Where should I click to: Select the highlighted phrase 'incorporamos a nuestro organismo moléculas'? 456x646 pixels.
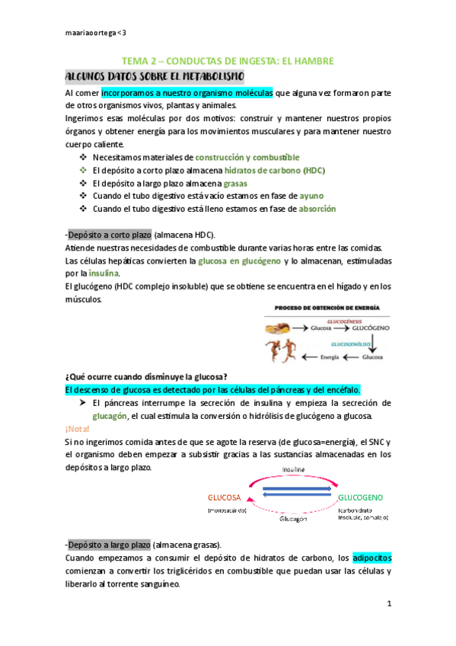pyautogui.click(x=187, y=93)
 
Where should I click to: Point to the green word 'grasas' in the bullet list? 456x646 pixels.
pyautogui.click(x=235, y=184)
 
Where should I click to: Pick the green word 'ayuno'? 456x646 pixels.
pyautogui.click(x=311, y=196)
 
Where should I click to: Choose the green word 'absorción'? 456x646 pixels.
pyautogui.click(x=317, y=209)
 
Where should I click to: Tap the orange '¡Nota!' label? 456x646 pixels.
pyautogui.click(x=78, y=429)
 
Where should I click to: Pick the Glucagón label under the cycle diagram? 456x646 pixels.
pyautogui.click(x=292, y=516)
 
